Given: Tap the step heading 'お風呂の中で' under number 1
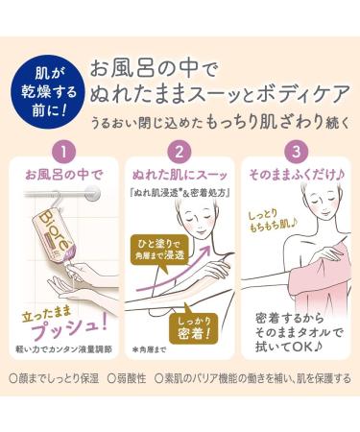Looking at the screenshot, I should click(63, 176).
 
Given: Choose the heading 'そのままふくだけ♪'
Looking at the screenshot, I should click(296, 176).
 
